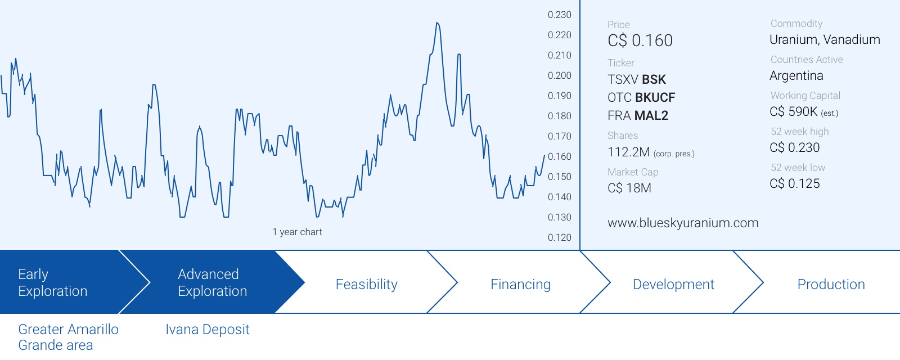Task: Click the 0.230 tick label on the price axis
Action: pyautogui.click(x=559, y=15)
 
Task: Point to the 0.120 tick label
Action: pyautogui.click(x=559, y=237)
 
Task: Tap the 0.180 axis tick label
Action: pyautogui.click(x=559, y=116)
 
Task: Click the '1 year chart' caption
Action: pyautogui.click(x=297, y=232)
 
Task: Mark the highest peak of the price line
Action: pyautogui.click(x=437, y=23)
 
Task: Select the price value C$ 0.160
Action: pyautogui.click(x=640, y=40)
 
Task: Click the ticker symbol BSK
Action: pyautogui.click(x=654, y=79)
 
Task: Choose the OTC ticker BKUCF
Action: pyautogui.click(x=655, y=98)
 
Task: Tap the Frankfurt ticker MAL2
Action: pyautogui.click(x=651, y=116)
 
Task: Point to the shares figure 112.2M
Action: pyautogui.click(x=628, y=152)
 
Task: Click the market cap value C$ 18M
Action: pyautogui.click(x=629, y=188)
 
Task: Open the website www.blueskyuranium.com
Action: pyautogui.click(x=683, y=223)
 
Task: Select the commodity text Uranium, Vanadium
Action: pyautogui.click(x=825, y=39)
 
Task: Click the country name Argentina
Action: pyautogui.click(x=796, y=75)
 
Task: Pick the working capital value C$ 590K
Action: pyautogui.click(x=794, y=111)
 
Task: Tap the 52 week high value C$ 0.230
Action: pyautogui.click(x=794, y=147)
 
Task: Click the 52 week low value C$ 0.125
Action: pyautogui.click(x=794, y=183)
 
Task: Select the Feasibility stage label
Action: pyautogui.click(x=366, y=284)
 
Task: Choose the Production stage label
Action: pyautogui.click(x=831, y=284)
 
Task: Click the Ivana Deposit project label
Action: pyautogui.click(x=208, y=330)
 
